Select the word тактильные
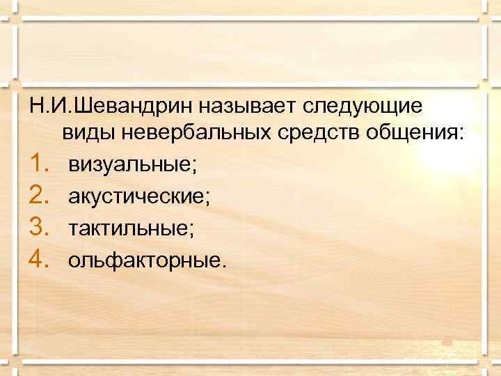tap(127, 228)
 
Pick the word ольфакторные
tap(144, 260)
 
